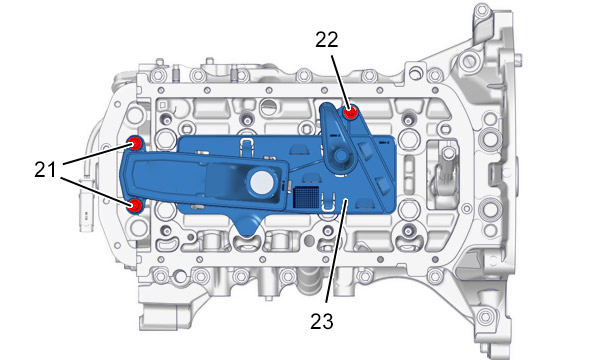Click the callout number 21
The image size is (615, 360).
tap(45, 170)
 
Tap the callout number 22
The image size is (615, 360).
tap(327, 40)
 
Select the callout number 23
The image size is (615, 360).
tap(322, 321)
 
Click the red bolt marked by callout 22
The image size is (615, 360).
tap(350, 113)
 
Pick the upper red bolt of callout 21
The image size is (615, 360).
tap(135, 144)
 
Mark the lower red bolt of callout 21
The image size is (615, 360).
tap(135, 205)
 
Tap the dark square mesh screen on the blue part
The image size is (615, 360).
tap(306, 196)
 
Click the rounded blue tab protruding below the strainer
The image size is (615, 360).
tap(247, 226)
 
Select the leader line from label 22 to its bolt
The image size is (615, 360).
tap(339, 82)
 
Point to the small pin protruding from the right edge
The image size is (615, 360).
tap(519, 60)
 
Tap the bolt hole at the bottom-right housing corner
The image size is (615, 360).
tap(486, 315)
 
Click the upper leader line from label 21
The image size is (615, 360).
tap(96, 154)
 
